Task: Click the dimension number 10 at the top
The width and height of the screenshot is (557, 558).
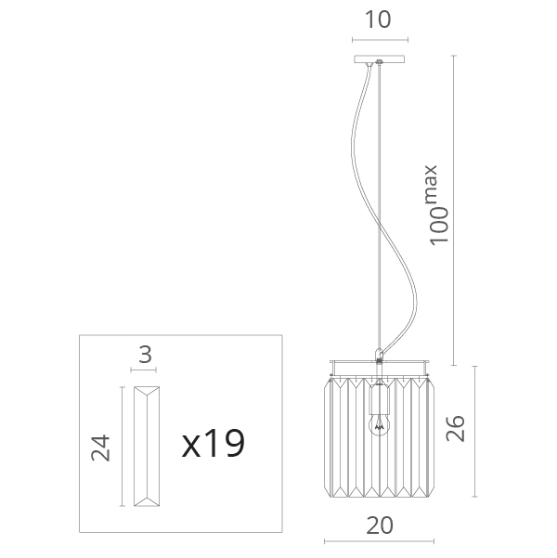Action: point(378,19)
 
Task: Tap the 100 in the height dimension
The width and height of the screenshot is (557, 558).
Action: point(438,226)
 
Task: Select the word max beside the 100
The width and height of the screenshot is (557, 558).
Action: point(431,184)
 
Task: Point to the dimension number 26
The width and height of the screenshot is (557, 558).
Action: point(456,428)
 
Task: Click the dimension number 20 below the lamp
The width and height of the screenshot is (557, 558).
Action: point(380,526)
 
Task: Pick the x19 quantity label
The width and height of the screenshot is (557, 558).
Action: point(214,444)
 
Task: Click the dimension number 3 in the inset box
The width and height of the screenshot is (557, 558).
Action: point(145,355)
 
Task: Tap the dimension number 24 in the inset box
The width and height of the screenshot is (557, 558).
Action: point(100,448)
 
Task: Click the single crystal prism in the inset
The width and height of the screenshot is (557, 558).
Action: point(147,447)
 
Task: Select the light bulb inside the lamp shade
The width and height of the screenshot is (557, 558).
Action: point(380,424)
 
